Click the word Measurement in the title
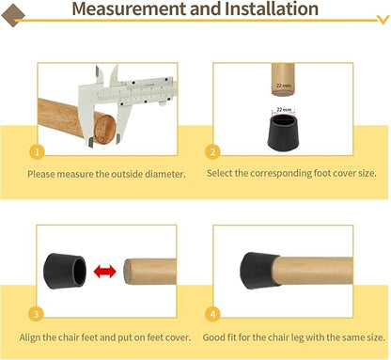point(130,8)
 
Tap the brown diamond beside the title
point(13,15)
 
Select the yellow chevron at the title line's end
point(383,20)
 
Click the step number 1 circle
point(37,152)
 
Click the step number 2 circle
point(212,152)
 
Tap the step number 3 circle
point(36,314)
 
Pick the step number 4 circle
point(213,314)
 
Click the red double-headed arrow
point(105,272)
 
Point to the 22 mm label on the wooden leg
point(284,86)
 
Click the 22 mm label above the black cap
point(284,110)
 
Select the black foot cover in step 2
point(283,131)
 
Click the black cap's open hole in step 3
point(79,272)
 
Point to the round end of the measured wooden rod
point(105,129)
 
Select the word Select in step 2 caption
point(219,173)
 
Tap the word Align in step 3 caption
point(29,337)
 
